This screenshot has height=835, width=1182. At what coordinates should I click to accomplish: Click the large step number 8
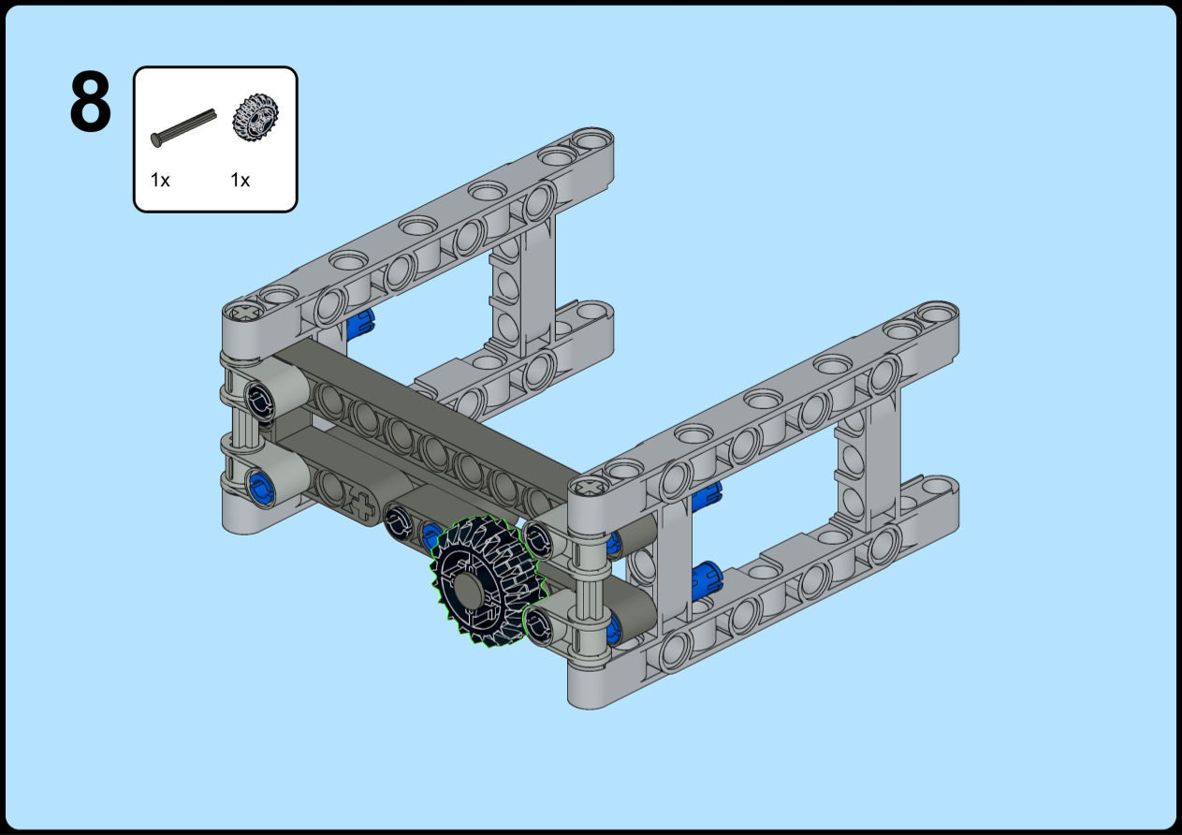tap(90, 101)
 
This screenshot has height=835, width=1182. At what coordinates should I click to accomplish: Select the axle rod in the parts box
tap(183, 127)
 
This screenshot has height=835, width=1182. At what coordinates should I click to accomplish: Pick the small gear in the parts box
tap(255, 118)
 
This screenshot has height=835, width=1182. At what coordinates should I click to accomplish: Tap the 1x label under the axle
tap(160, 180)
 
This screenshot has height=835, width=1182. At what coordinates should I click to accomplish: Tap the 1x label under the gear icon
tap(241, 180)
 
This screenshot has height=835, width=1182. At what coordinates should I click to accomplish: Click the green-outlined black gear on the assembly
tap(487, 581)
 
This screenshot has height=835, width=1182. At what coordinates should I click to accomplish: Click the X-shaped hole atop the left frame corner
tap(243, 313)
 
